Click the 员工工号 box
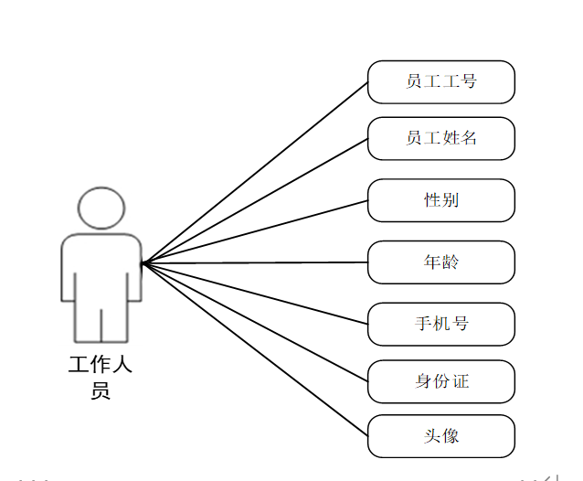click(441, 81)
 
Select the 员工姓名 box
click(441, 139)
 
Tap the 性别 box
click(441, 200)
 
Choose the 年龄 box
click(441, 262)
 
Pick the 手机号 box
click(441, 324)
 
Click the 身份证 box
click(441, 381)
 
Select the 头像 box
click(441, 436)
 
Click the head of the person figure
click(101, 208)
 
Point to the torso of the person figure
click(101, 270)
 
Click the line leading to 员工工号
click(256, 172)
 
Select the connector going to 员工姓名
click(256, 201)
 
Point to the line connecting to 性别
click(256, 231)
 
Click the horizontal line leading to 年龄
click(256, 263)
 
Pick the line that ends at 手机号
click(256, 293)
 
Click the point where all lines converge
click(143, 263)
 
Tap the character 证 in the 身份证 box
click(461, 381)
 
